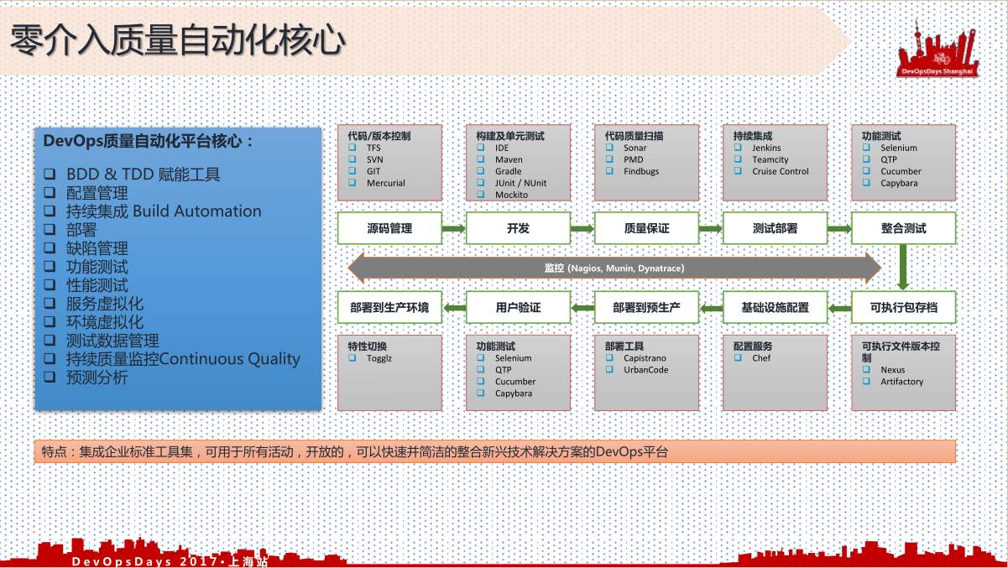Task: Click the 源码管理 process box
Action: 389,228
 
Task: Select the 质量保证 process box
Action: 646,228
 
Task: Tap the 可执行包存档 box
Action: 903,308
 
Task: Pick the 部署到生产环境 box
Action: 389,308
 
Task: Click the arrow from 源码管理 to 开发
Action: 453,228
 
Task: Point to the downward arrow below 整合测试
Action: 903,266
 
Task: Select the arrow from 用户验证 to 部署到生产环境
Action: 454,308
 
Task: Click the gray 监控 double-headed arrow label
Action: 614,268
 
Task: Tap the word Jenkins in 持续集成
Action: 766,149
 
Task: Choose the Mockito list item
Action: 512,195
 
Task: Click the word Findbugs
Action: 641,172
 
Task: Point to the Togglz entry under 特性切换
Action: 379,358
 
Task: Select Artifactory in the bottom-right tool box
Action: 901,382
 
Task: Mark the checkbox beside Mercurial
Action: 353,183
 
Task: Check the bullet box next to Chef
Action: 738,358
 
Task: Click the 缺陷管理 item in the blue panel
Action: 97,248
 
